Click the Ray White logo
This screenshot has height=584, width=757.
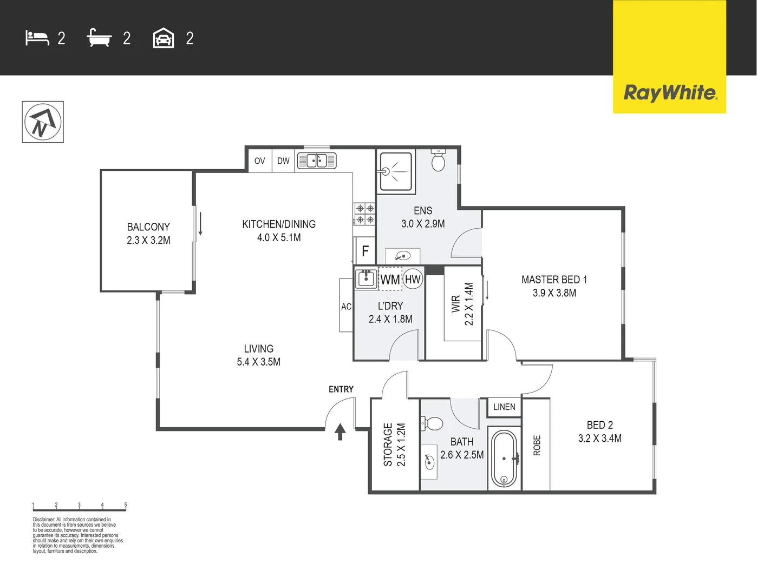coord(670,93)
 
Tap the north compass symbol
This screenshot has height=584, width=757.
coord(43,122)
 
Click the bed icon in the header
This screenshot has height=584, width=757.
coord(37,38)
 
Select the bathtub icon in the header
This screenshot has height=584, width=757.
coord(99,37)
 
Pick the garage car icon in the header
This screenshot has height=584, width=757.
coord(164,38)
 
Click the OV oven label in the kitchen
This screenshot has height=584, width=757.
coord(259,161)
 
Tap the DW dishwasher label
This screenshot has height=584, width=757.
coord(283,161)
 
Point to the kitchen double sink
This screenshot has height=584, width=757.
coord(317,161)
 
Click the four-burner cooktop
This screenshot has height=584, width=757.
coord(365,214)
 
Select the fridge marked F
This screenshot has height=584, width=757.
coord(365,251)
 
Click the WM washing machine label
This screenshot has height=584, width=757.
coord(390,280)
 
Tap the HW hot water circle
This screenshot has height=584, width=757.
coord(413,279)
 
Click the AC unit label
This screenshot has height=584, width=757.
coord(346,307)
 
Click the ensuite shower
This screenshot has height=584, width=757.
coord(396,171)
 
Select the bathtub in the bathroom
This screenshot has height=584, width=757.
coord(504,459)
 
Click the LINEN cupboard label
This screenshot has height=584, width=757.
coord(505,407)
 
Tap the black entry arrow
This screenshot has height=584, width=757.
coord(341,432)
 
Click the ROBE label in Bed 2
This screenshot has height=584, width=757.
coord(537,445)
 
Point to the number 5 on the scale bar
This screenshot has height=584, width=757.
coord(126,505)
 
